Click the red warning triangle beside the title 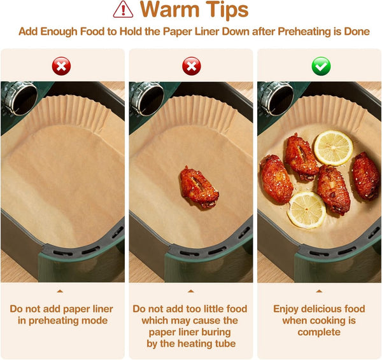pyautogui.click(x=123, y=10)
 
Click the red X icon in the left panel pyautogui.click(x=61, y=66)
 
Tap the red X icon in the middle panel pyautogui.click(x=192, y=66)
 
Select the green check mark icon pyautogui.click(x=322, y=66)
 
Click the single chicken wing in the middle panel pyautogui.click(x=199, y=187)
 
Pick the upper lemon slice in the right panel pyautogui.click(x=333, y=148)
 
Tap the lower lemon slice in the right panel pyautogui.click(x=306, y=209)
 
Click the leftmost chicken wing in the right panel pyautogui.click(x=276, y=179)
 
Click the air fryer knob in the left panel pyautogui.click(x=19, y=98)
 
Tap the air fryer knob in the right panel pyautogui.click(x=276, y=98)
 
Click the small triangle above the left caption pyautogui.click(x=60, y=291)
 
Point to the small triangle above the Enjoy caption pyautogui.click(x=319, y=291)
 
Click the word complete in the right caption pyautogui.click(x=319, y=333)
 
